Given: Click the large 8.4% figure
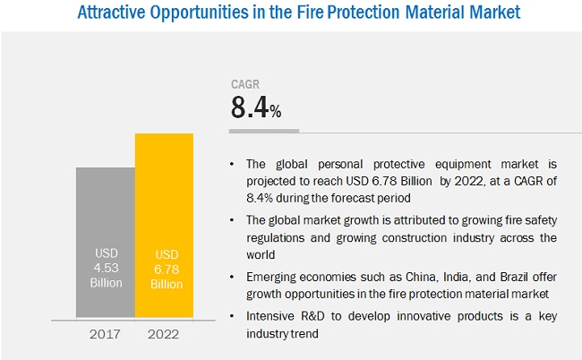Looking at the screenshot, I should point(256,109).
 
